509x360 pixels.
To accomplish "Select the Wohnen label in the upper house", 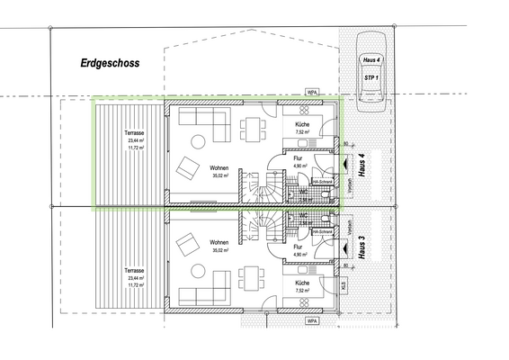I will point(219,167).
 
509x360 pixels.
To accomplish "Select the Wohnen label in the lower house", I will point(219,243).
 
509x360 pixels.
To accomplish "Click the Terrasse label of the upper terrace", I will point(134,133).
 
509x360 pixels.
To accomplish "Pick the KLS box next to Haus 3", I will point(343,285).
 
